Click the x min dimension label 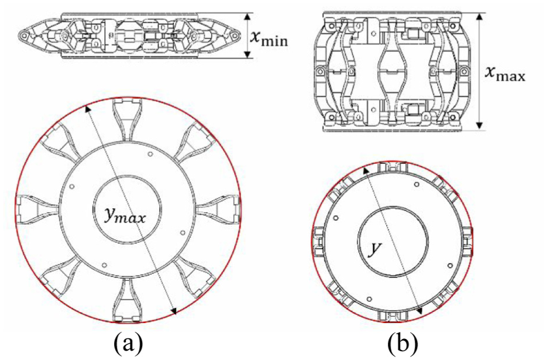click(x=269, y=37)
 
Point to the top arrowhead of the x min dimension click(x=247, y=16)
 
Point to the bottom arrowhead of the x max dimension click(x=480, y=125)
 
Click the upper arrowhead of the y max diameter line click(x=88, y=109)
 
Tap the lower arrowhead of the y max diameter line click(x=174, y=311)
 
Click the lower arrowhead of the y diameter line click(x=419, y=311)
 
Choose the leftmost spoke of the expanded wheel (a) click(x=37, y=209)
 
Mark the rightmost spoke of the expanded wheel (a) click(x=219, y=209)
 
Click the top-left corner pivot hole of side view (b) click(x=329, y=26)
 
